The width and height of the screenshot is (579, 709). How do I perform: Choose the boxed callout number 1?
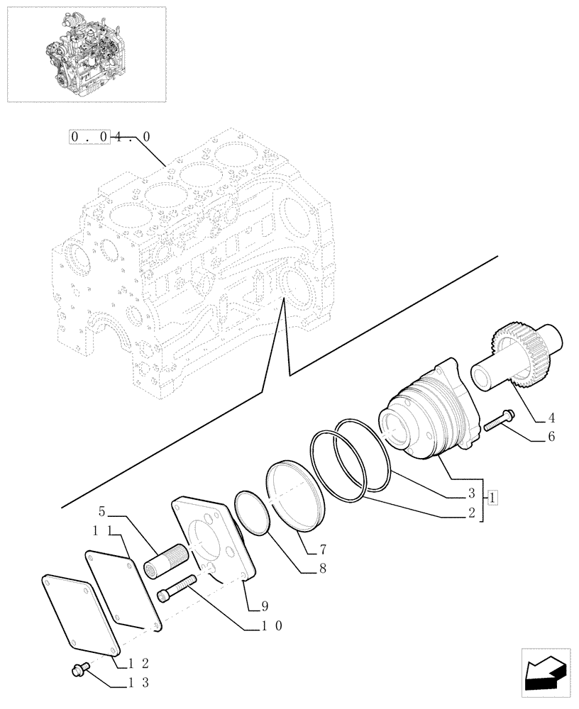pos(494,498)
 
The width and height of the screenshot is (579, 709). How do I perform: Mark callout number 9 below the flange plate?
pos(264,605)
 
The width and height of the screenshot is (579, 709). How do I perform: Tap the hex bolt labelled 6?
pos(500,421)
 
